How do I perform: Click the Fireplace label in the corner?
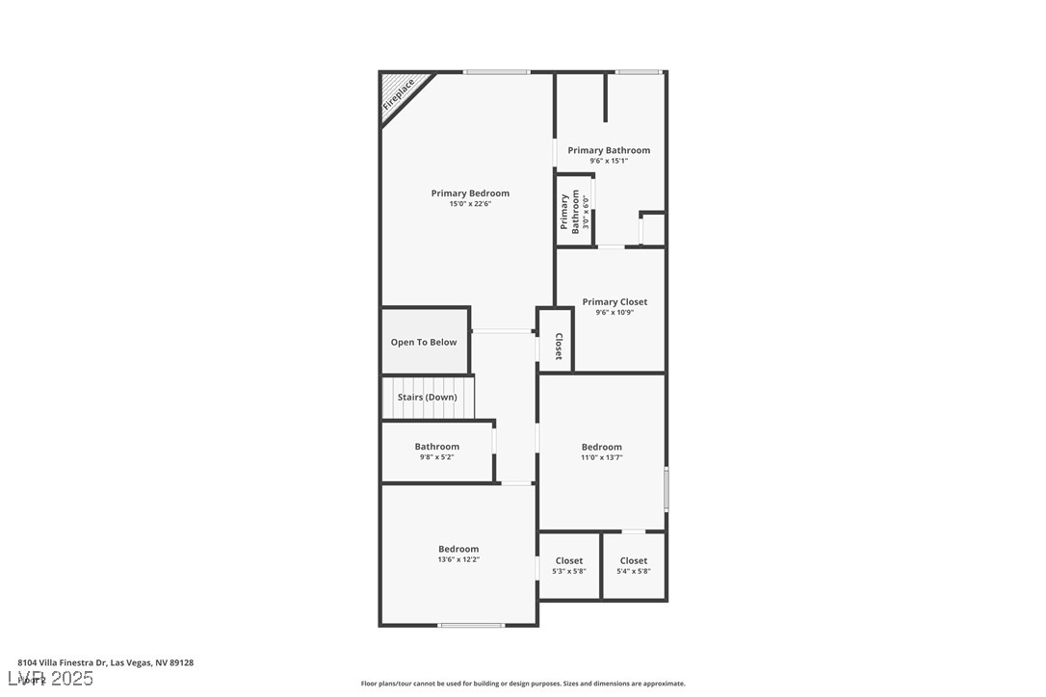(399, 94)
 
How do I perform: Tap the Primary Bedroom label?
(470, 194)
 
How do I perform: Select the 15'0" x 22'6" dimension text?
(470, 204)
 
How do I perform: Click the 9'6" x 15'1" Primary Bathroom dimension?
(609, 161)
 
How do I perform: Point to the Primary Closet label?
(615, 302)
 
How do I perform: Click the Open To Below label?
(424, 342)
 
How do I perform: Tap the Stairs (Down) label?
(428, 397)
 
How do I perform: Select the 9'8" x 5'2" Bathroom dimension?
(436, 457)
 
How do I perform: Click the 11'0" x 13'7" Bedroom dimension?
(601, 457)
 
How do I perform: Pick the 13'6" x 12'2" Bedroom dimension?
(458, 559)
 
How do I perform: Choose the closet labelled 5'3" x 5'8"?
(569, 566)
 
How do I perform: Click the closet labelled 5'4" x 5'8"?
(634, 566)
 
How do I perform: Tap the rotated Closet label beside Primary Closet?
(559, 347)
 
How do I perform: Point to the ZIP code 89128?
(180, 662)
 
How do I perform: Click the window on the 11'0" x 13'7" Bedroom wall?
(666, 489)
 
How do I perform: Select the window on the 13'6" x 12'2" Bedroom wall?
(471, 626)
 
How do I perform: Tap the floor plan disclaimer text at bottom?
(523, 684)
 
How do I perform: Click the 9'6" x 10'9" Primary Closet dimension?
(615, 313)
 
